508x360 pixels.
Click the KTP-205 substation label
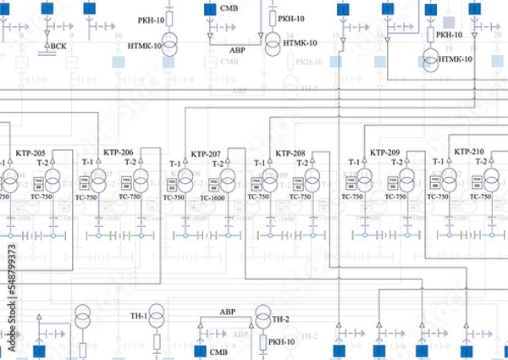[x=30, y=153]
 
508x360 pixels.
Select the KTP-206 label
[x=119, y=152]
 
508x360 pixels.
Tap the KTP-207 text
[x=206, y=154]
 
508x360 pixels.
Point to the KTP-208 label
[x=290, y=153]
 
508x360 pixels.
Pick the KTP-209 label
[x=385, y=152]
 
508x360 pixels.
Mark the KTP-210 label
[x=470, y=152]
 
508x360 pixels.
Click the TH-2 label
[x=281, y=318]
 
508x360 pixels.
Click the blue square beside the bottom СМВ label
[x=200, y=351]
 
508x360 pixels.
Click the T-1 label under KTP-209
[x=354, y=162]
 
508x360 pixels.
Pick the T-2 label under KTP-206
[x=130, y=161]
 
